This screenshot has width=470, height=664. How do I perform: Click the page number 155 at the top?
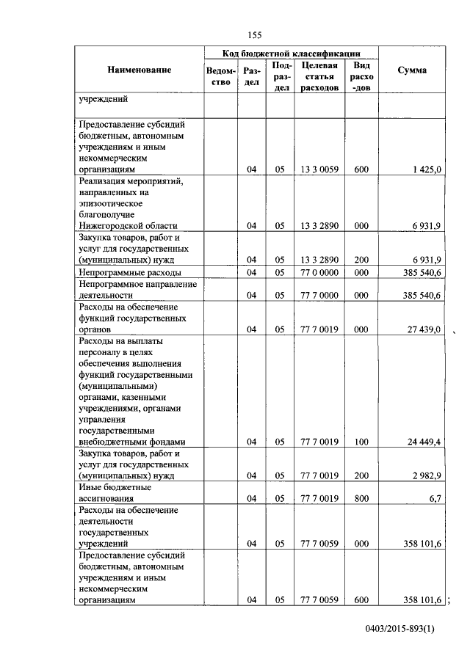coord(255,35)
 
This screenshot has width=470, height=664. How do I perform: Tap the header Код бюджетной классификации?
coord(292,54)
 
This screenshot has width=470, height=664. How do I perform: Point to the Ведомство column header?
coord(221,76)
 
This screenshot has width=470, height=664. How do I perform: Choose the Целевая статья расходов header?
coord(319,76)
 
